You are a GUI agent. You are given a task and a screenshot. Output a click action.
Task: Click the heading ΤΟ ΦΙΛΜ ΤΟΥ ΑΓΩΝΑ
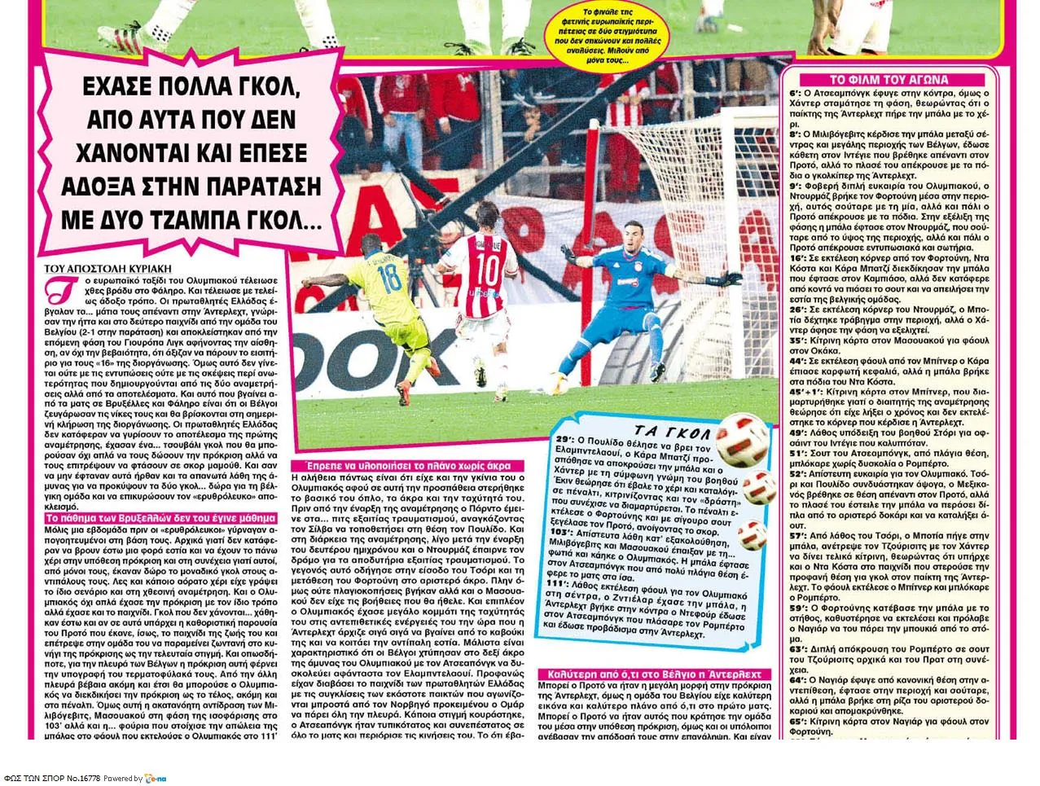[889, 80]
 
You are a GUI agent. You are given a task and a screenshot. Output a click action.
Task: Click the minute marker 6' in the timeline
[796, 94]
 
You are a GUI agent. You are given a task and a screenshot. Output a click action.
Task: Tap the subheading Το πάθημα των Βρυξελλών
[160, 517]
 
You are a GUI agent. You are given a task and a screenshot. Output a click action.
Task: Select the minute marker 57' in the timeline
[797, 535]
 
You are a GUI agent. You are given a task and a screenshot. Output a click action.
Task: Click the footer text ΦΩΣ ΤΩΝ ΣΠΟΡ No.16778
[51, 778]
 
